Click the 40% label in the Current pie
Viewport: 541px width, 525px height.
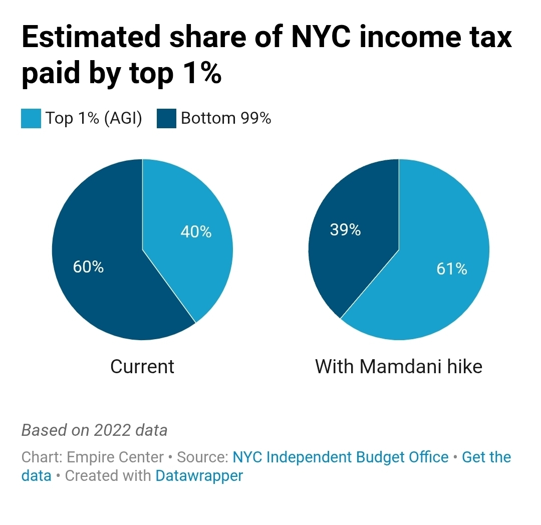195,232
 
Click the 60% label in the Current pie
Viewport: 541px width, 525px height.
88,267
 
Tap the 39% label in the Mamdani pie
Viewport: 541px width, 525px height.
345,229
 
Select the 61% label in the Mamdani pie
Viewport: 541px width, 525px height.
452,269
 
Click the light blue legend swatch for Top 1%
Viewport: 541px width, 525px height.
31,119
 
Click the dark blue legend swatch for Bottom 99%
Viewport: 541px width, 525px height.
166,119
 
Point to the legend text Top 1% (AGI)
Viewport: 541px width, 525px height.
94,118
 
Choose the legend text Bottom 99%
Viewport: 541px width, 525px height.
226,118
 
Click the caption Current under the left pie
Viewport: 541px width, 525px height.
142,367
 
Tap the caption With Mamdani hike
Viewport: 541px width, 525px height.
398,367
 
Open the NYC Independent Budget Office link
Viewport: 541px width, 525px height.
341,457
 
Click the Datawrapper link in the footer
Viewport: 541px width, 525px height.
199,475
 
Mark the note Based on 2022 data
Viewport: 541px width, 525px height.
94,430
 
